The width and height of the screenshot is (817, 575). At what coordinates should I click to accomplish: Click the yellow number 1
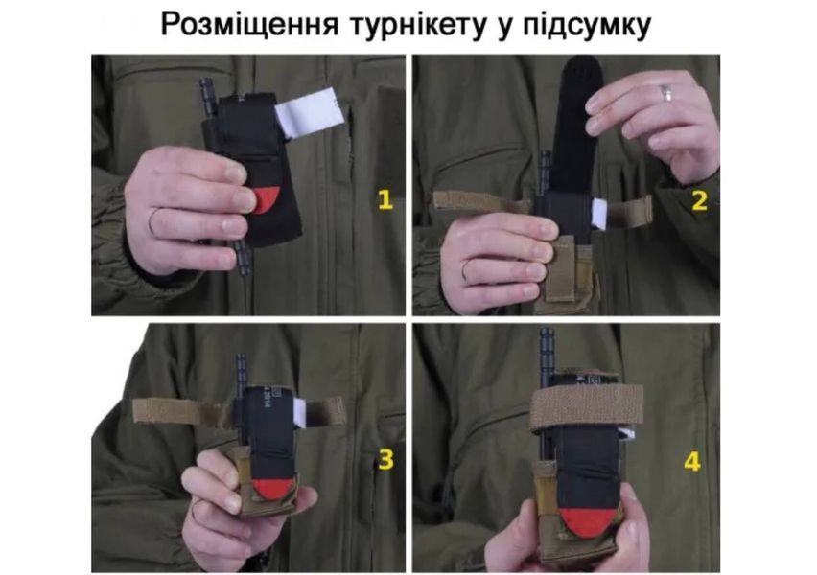385,199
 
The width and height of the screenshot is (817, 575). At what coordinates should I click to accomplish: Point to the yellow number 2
699,200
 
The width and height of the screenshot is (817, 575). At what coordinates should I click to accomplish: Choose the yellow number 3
385,459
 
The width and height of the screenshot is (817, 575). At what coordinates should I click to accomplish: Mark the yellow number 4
692,462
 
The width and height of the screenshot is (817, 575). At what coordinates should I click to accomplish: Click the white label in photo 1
309,113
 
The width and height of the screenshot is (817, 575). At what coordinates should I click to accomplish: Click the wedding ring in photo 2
666,94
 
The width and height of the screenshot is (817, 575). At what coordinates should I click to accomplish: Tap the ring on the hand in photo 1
152,220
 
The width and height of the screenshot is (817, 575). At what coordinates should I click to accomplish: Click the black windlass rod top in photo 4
546,336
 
